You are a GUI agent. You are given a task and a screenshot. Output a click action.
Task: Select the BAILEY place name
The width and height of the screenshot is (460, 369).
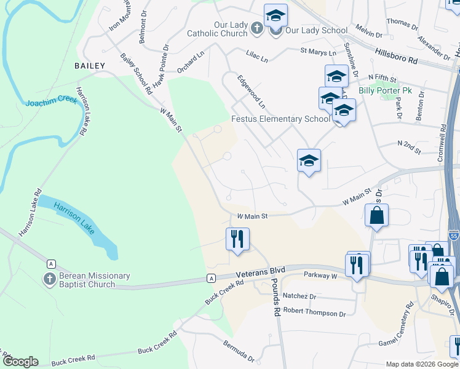point(90,65)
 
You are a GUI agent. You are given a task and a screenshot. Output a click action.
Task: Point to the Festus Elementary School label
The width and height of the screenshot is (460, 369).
point(280,119)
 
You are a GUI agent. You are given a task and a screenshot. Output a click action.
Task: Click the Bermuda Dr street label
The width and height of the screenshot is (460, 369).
point(239,351)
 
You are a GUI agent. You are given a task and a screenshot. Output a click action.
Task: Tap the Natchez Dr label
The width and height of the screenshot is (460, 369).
point(299,296)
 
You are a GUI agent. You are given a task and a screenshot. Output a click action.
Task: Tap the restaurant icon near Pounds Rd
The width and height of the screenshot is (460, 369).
point(237,238)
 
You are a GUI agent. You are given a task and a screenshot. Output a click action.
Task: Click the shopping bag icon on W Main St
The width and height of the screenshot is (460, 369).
point(376,216)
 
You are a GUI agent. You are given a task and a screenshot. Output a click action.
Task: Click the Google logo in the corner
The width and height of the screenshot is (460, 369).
point(21,361)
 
